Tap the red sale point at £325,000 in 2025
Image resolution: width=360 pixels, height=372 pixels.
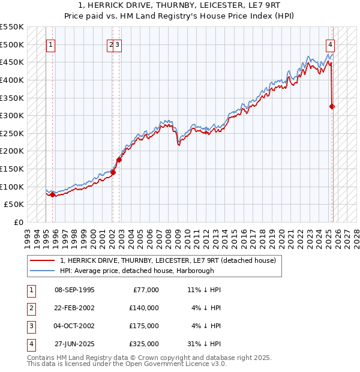click(x=332, y=107)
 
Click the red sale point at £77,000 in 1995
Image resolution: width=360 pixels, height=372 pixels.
click(x=53, y=194)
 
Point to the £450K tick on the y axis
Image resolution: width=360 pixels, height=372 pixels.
click(x=13, y=62)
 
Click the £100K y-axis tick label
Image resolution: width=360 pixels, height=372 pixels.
click(x=13, y=187)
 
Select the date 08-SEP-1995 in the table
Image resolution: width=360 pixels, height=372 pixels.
click(x=74, y=290)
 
